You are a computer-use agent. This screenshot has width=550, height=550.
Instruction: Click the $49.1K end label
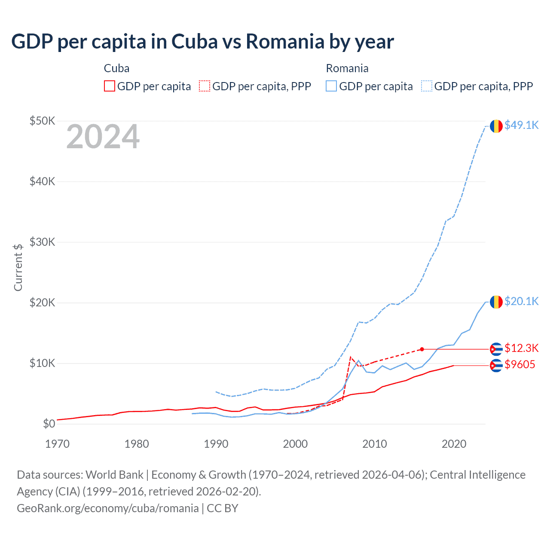point(521,125)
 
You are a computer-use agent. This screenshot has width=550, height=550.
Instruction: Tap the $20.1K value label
point(521,301)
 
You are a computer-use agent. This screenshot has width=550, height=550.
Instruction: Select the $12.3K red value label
point(521,348)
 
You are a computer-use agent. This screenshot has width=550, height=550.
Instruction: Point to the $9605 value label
point(519,365)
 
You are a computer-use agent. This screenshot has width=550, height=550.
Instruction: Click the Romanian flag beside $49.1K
point(496,126)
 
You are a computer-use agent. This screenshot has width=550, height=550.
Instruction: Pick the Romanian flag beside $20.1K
point(496,302)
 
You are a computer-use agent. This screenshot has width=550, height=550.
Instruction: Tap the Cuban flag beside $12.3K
point(496,349)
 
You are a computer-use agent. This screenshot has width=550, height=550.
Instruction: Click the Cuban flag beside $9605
point(496,366)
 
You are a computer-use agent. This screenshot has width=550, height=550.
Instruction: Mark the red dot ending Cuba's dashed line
point(422,349)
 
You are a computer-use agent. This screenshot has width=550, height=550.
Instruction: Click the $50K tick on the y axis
point(42,121)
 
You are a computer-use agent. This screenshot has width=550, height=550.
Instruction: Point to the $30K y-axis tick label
point(42,242)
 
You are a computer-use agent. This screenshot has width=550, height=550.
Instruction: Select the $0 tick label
point(49,424)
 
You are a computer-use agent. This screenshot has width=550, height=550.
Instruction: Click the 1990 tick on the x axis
point(216,444)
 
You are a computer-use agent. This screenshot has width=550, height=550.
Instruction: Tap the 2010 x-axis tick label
point(374,444)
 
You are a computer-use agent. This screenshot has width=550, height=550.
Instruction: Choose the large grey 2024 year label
point(103,137)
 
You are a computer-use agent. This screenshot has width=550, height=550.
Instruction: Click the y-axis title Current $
point(18,267)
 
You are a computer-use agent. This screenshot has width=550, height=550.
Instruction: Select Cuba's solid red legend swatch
point(110,86)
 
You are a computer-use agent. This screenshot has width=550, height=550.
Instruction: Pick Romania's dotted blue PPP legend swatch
point(427,86)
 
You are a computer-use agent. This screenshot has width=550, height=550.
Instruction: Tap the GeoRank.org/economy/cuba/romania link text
point(107,508)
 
